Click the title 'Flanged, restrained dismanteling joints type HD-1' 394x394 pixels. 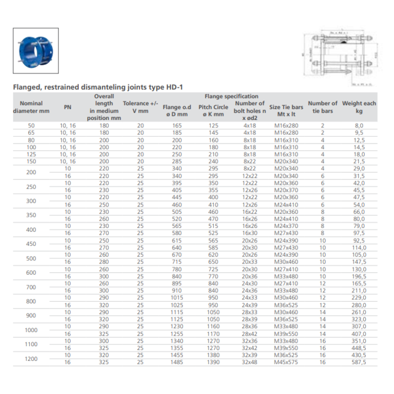[98, 87]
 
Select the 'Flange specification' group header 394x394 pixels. [231, 96]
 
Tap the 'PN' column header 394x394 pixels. [68, 107]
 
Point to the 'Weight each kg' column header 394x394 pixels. [359, 107]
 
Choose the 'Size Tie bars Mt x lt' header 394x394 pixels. [286, 110]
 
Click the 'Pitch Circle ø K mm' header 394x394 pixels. [213, 110]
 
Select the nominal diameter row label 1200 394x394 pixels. [31, 359]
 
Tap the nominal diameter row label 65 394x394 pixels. [31, 133]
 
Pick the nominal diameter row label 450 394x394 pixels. [31, 244]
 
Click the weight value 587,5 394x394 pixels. [359, 362]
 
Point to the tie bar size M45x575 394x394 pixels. [286, 362]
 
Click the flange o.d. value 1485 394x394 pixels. [177, 362]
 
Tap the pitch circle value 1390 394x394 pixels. [213, 362]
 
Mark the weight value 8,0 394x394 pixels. [359, 126]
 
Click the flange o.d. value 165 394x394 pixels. [177, 126]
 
